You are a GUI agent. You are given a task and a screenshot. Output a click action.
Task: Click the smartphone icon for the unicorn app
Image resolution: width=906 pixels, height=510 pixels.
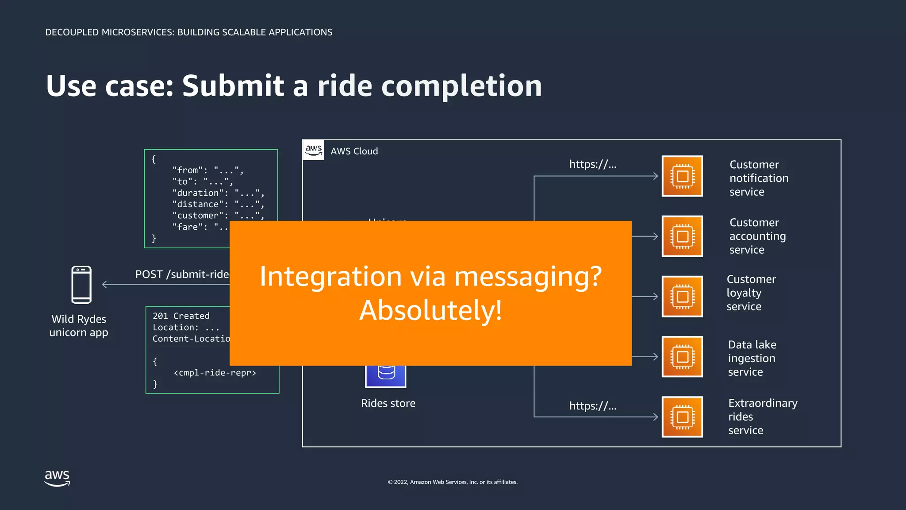click(x=81, y=285)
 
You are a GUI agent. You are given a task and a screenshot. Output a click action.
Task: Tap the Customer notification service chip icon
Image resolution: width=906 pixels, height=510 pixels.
click(x=682, y=176)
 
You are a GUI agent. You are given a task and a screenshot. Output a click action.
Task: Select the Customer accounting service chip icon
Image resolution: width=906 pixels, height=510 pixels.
click(x=682, y=236)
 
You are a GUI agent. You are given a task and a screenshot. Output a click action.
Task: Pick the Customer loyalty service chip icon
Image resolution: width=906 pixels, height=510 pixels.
click(x=682, y=297)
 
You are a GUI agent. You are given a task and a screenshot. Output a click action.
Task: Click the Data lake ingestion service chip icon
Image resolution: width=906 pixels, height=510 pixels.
click(x=682, y=357)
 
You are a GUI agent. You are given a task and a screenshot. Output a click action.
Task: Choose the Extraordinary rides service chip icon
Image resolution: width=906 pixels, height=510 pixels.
click(x=682, y=417)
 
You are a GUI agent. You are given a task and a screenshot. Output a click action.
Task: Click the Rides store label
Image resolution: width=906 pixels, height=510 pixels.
click(x=388, y=403)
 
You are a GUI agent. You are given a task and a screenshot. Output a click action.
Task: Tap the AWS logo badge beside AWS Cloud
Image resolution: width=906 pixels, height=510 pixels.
click(x=314, y=150)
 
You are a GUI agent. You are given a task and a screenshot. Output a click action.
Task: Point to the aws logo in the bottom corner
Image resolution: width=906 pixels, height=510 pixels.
click(x=57, y=478)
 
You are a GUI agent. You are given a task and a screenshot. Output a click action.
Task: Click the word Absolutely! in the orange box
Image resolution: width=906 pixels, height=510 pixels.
click(x=430, y=310)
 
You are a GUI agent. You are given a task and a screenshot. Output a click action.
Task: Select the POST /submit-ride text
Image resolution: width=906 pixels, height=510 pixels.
click(x=182, y=274)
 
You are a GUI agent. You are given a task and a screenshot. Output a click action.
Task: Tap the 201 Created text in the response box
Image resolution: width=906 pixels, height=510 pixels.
click(x=181, y=316)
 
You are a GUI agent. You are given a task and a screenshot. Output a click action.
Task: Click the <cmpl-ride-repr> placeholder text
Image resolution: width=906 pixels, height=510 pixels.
click(x=215, y=373)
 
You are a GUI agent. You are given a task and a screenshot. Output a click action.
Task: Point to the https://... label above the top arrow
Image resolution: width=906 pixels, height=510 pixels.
click(x=592, y=164)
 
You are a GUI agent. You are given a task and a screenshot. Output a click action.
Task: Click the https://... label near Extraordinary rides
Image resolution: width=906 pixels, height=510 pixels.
click(x=592, y=406)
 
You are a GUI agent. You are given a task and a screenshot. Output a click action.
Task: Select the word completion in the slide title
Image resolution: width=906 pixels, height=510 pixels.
click(x=461, y=86)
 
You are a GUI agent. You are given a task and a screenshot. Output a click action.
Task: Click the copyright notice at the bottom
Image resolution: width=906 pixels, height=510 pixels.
click(x=453, y=482)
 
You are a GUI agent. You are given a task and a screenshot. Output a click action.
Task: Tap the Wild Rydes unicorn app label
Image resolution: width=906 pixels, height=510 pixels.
click(x=79, y=326)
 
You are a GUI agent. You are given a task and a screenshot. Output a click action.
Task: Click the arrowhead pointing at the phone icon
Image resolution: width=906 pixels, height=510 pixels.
click(x=104, y=285)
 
